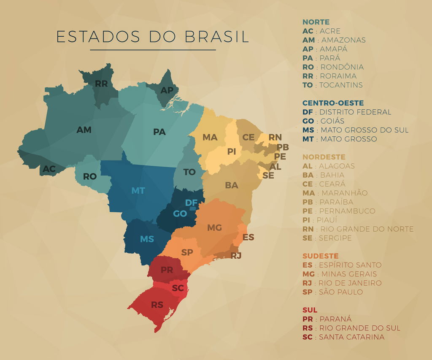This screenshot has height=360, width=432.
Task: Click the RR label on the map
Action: pos(101,84)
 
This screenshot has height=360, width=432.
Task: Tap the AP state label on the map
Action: pos(167,90)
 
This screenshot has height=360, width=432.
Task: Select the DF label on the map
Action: pos(191,203)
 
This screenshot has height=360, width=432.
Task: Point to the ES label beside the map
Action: pos(248,237)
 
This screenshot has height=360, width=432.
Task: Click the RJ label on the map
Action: pos(236,255)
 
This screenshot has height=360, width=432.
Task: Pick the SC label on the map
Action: pos(178,288)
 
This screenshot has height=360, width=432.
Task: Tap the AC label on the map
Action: pos(49,169)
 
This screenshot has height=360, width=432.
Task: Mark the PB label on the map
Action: pos(283,147)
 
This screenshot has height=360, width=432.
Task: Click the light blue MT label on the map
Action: pos(138,191)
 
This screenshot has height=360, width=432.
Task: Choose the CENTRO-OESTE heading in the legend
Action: pos(333,103)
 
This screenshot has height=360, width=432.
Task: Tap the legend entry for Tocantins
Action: pos(332,85)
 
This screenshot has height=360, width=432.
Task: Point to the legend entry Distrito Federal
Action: pos(347,112)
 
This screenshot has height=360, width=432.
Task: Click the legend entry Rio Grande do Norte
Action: pos(358,229)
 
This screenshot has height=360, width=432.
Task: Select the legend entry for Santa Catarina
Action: pos(343,337)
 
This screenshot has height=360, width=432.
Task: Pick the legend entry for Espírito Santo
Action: pos(342,265)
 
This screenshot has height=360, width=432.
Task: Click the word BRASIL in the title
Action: pos(216,37)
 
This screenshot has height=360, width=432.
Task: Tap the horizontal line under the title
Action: pos(153,50)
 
